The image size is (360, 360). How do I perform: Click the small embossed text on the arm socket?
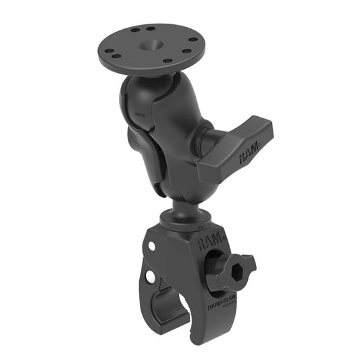coord(140,115)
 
